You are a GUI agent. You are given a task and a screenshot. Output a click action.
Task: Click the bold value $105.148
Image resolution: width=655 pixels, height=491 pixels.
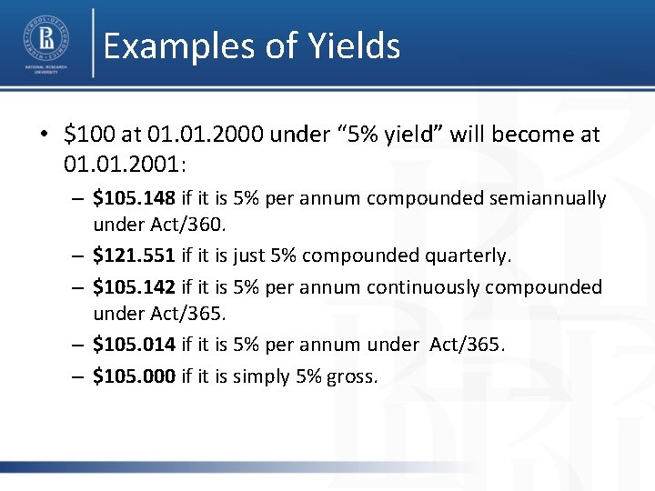[x=135, y=198]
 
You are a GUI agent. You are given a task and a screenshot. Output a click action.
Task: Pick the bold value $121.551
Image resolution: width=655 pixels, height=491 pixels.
[x=135, y=256]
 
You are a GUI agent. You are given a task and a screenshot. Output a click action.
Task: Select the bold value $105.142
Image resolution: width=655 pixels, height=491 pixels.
[x=135, y=287]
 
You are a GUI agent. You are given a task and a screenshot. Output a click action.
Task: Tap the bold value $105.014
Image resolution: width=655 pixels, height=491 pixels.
[x=135, y=345]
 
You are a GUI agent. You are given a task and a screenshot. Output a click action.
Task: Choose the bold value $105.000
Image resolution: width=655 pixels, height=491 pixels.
[x=135, y=376]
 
